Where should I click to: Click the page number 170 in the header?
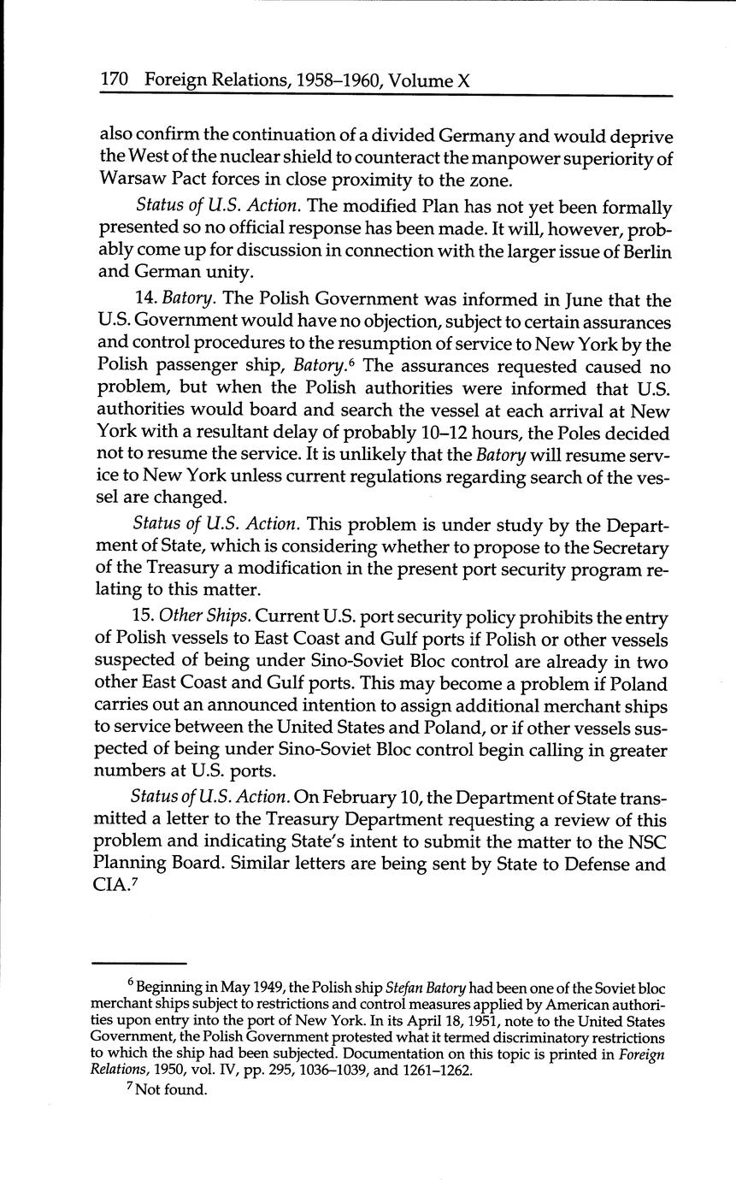pyautogui.click(x=115, y=80)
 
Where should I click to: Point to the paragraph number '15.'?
pyautogui.click(x=147, y=617)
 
